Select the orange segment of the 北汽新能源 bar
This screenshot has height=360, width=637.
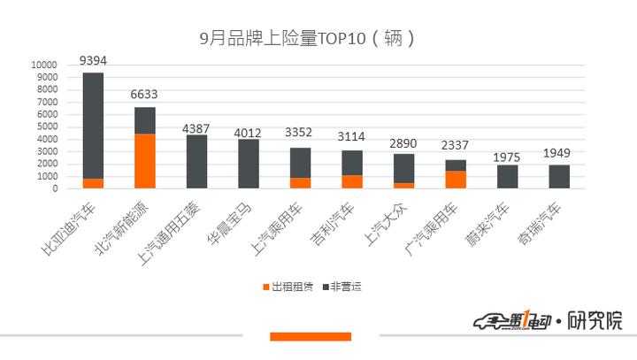tap(145, 161)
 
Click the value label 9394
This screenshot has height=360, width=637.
tap(94, 60)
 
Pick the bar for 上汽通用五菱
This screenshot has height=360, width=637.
tap(196, 162)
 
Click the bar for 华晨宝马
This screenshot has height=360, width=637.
tap(249, 164)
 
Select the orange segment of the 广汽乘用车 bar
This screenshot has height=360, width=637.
tap(456, 180)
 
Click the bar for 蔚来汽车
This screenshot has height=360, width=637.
tap(508, 176)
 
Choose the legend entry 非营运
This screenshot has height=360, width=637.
tap(345, 287)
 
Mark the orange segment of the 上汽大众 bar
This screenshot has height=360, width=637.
tap(404, 186)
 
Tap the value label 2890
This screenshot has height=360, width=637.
tap(404, 142)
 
